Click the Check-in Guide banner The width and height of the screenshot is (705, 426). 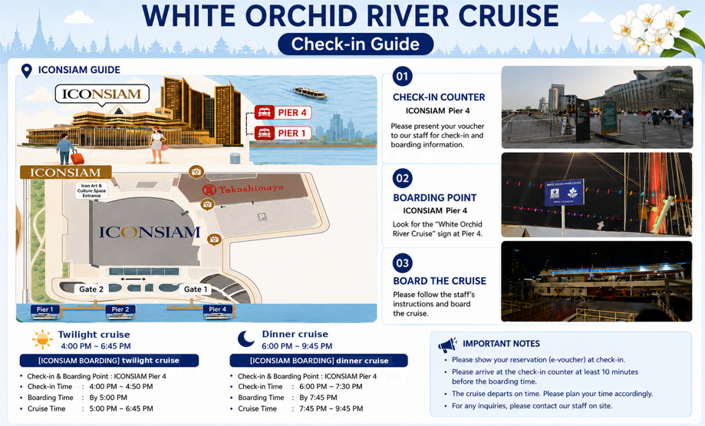pyautogui.click(x=356, y=44)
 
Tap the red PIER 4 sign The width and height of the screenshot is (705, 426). pyautogui.click(x=283, y=113)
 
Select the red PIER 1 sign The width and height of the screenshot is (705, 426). pyautogui.click(x=283, y=133)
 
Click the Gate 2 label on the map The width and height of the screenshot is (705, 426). pyautogui.click(x=91, y=289)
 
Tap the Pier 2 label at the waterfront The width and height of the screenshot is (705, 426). pyautogui.click(x=120, y=309)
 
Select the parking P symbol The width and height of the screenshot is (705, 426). pyautogui.click(x=262, y=217)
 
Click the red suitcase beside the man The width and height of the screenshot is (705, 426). pyautogui.click(x=77, y=157)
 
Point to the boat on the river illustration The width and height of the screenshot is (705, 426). pyautogui.click(x=310, y=93)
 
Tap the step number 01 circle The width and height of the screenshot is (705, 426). pyautogui.click(x=403, y=76)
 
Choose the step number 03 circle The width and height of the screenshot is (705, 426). pyautogui.click(x=403, y=263)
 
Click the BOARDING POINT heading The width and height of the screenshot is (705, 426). pyautogui.click(x=435, y=198)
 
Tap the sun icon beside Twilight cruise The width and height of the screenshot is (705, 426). pyautogui.click(x=43, y=339)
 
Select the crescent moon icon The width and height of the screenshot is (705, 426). pyautogui.click(x=246, y=338)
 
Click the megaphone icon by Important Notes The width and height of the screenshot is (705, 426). pyautogui.click(x=447, y=345)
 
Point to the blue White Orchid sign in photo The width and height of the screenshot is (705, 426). pyautogui.click(x=565, y=193)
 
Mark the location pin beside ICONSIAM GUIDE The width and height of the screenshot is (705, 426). pyautogui.click(x=27, y=71)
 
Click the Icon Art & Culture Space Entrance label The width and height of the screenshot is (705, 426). pyautogui.click(x=92, y=190)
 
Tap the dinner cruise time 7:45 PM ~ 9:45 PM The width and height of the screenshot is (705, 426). pyautogui.click(x=328, y=408)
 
